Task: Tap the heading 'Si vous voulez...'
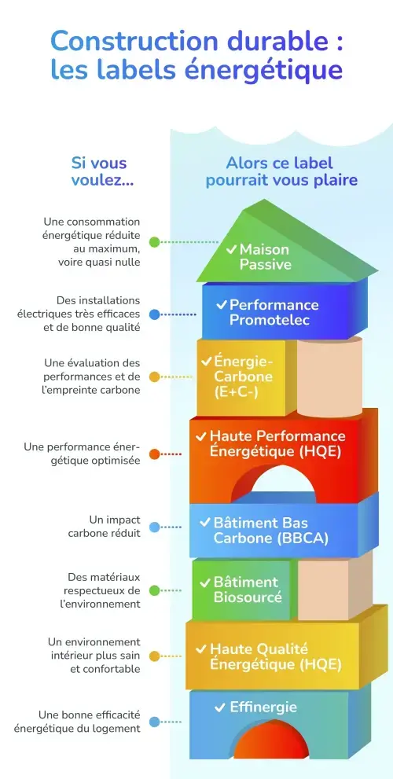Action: [x=99, y=171]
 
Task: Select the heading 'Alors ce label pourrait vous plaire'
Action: [x=281, y=171]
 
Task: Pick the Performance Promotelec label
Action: [x=274, y=312]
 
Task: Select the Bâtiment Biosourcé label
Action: [x=246, y=590]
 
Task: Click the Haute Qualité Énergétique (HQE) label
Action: [x=275, y=657]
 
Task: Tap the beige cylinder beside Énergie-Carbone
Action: [x=329, y=377]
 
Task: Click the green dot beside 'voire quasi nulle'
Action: [x=155, y=242]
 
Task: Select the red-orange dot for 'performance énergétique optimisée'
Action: [x=155, y=454]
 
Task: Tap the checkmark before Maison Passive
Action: [x=231, y=248]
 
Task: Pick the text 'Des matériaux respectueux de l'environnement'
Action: [x=102, y=590]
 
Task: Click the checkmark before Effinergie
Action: [x=221, y=707]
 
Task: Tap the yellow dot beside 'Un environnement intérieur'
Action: [x=155, y=656]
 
